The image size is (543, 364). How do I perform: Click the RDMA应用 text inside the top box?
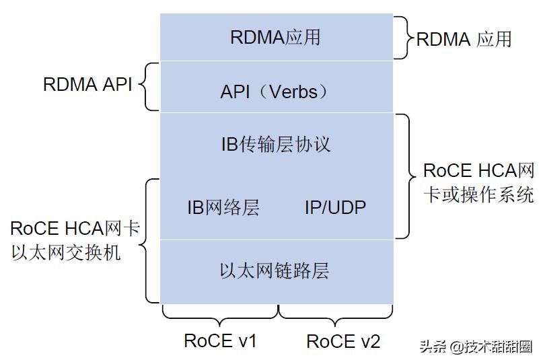click(x=275, y=37)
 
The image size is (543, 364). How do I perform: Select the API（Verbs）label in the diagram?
click(x=275, y=91)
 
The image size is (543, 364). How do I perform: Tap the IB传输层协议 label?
click(x=276, y=144)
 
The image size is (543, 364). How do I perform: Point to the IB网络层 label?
click(x=223, y=207)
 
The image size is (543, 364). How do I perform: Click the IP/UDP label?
click(x=335, y=207)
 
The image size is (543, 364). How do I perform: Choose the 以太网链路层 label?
click(x=275, y=270)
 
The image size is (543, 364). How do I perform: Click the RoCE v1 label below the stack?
click(x=220, y=341)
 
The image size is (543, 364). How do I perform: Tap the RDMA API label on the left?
click(x=87, y=85)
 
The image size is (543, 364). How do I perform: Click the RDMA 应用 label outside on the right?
click(x=464, y=38)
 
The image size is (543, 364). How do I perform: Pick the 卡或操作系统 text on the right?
click(x=478, y=194)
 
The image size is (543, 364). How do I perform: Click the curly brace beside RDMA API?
click(x=150, y=86)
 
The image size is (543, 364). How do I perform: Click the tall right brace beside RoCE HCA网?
click(x=405, y=176)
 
